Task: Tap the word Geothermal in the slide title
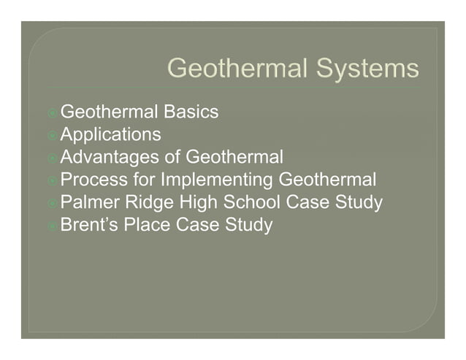coord(237,69)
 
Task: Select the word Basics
coord(191,112)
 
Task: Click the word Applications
coord(110,134)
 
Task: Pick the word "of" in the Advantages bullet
coord(173,157)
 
